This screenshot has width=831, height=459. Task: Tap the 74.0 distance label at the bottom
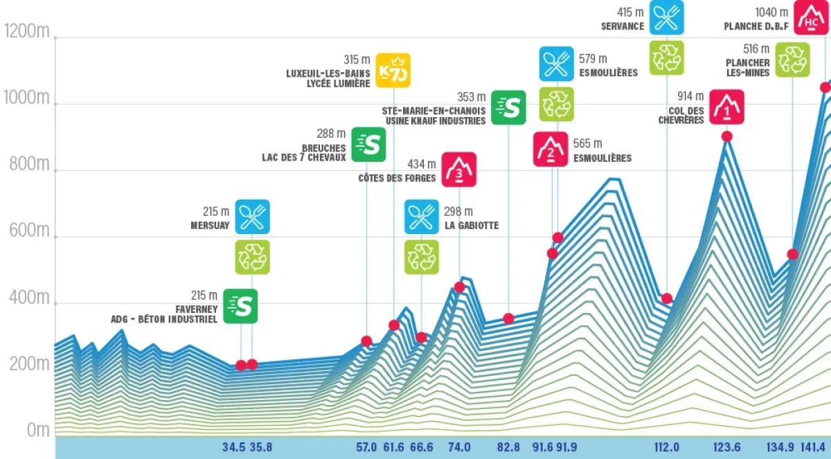[459, 447]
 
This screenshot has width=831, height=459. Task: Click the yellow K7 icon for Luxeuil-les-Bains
[393, 71]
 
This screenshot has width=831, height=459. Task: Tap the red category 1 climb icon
[726, 107]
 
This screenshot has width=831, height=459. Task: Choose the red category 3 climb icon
[459, 169]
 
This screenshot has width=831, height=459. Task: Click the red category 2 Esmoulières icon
[551, 149]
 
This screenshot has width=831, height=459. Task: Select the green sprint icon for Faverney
[240, 306]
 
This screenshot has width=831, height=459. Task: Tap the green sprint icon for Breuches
[368, 144]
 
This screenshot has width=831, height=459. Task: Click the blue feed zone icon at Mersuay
[252, 217]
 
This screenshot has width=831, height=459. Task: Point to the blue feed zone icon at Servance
[667, 17]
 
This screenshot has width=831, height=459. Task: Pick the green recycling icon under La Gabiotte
[422, 257]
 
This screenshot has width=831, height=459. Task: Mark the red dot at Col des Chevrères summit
[726, 136]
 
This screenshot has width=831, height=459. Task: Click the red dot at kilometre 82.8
[508, 318]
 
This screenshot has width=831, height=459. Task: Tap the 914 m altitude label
[690, 96]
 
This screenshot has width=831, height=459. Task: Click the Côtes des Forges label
[397, 178]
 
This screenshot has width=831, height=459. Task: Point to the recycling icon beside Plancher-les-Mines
[792, 59]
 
